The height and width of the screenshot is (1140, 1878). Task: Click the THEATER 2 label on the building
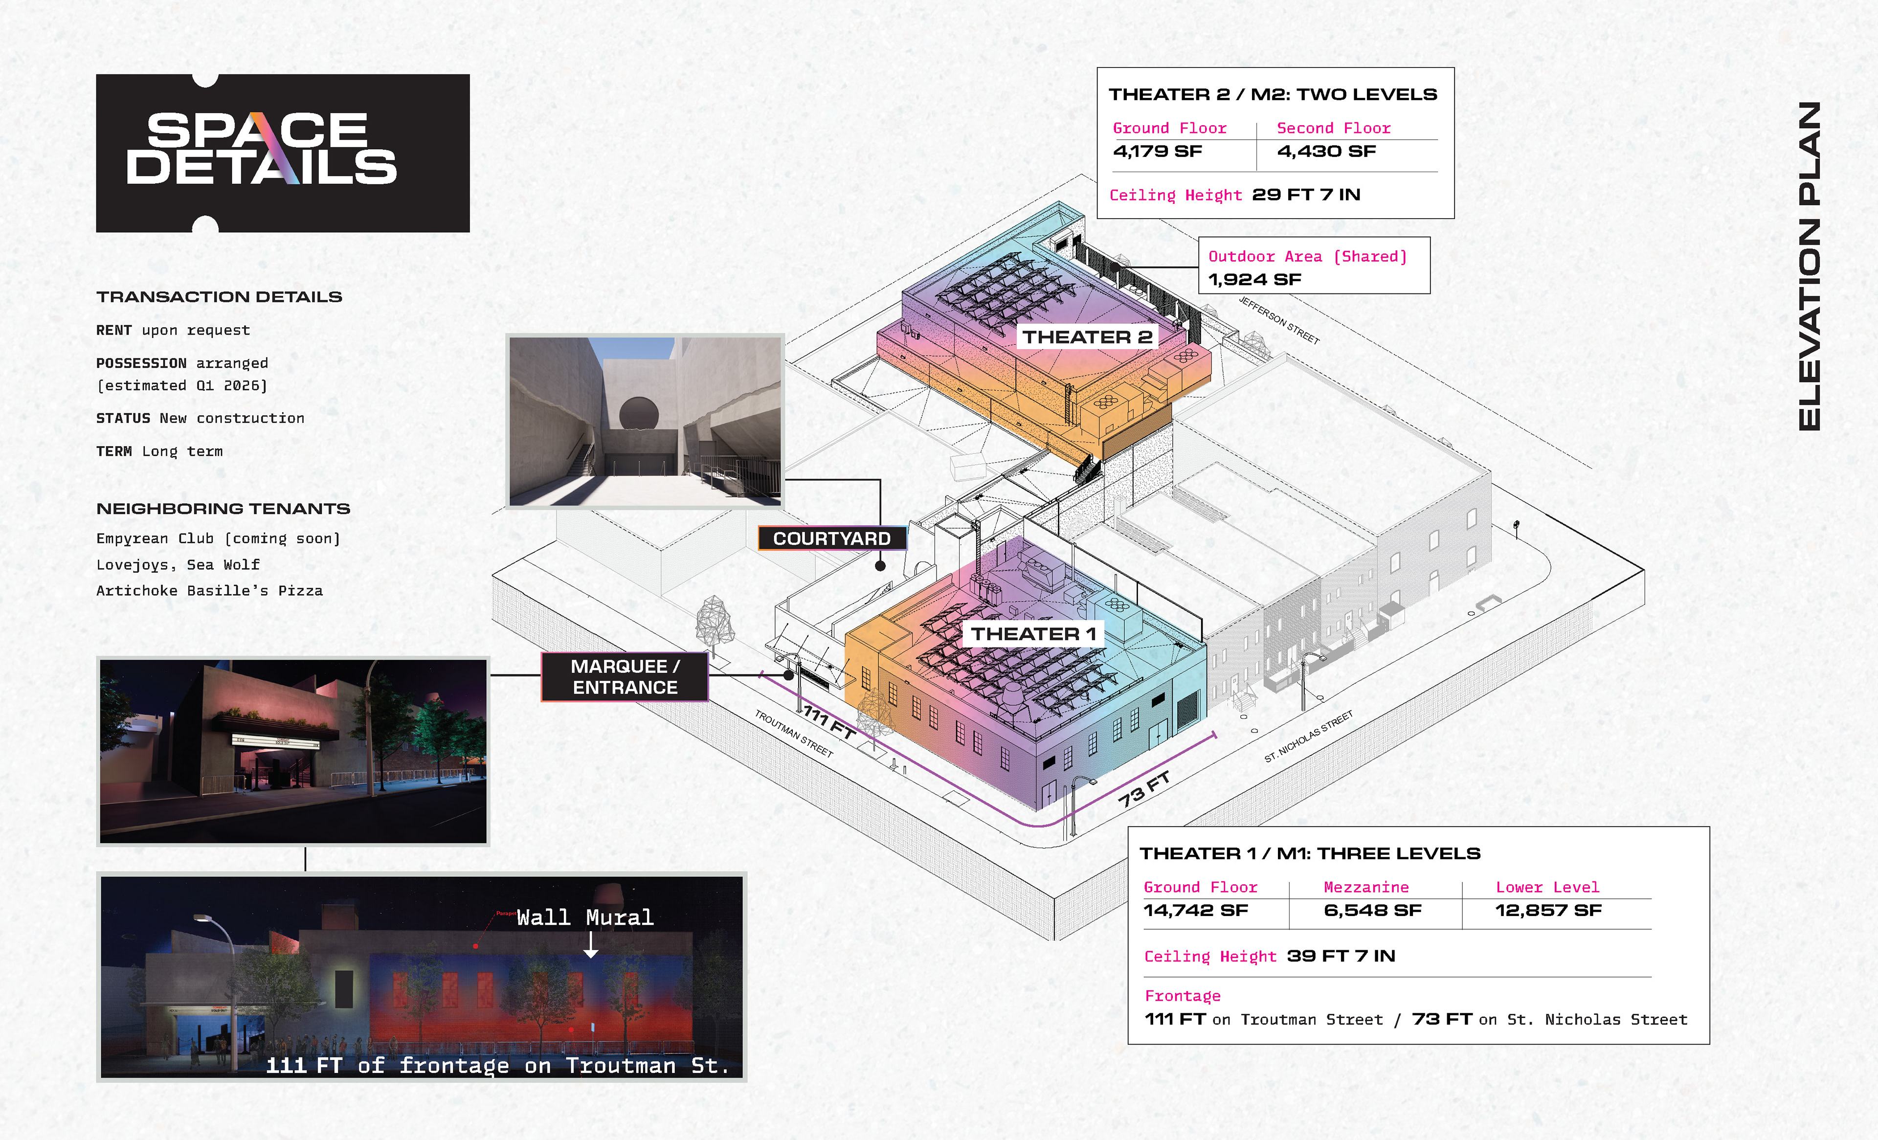pyautogui.click(x=1086, y=337)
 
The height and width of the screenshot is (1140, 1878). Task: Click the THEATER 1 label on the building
pyautogui.click(x=1033, y=634)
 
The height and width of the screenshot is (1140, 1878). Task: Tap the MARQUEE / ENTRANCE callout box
pyautogui.click(x=625, y=677)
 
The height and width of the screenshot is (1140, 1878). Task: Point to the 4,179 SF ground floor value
pyautogui.click(x=1157, y=152)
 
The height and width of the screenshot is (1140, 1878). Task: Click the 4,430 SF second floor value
pyautogui.click(x=1326, y=152)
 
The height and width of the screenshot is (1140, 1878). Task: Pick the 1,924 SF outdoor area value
pyautogui.click(x=1254, y=280)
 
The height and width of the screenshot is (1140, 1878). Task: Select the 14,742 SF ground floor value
pyautogui.click(x=1195, y=911)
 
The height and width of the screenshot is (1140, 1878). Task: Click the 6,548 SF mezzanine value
pyautogui.click(x=1372, y=911)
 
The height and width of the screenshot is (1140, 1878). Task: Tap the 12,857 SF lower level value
pyautogui.click(x=1548, y=911)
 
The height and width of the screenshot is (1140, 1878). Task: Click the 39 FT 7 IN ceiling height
pyautogui.click(x=1341, y=956)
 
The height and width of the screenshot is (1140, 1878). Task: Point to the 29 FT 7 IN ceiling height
pyautogui.click(x=1306, y=195)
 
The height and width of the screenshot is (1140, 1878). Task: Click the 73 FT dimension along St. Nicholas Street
pyautogui.click(x=1143, y=789)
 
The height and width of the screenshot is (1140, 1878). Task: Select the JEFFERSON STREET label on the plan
pyautogui.click(x=1278, y=320)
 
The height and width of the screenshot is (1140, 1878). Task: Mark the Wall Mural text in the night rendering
pyautogui.click(x=584, y=917)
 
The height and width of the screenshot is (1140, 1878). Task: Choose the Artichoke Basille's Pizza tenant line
pyautogui.click(x=210, y=591)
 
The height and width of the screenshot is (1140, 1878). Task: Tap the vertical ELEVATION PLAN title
pyautogui.click(x=1810, y=267)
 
